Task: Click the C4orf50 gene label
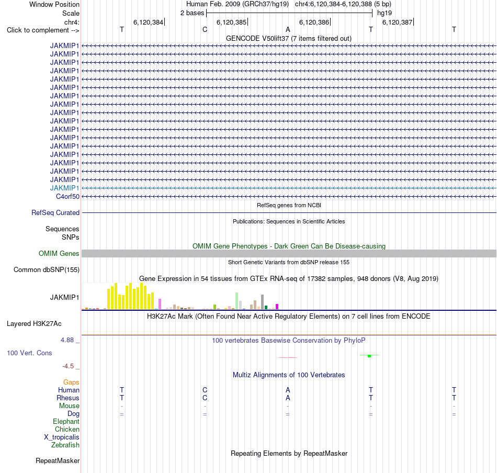[67, 197]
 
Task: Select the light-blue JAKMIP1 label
[64, 188]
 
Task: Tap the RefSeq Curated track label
[55, 213]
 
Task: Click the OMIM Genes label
[59, 253]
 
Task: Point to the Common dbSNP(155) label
[46, 270]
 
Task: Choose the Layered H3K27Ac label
[34, 324]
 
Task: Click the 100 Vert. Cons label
[29, 353]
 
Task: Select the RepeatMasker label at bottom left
[58, 460]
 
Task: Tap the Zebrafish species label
[65, 445]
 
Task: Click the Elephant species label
[66, 421]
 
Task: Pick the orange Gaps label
[71, 382]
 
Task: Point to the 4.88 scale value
[67, 340]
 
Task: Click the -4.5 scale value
[68, 366]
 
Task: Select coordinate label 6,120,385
[231, 22]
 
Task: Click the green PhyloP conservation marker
[369, 356]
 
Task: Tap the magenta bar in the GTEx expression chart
[277, 307]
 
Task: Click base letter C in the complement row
[205, 30]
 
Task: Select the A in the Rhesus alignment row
[288, 398]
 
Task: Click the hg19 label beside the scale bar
[385, 13]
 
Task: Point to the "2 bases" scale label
[192, 13]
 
